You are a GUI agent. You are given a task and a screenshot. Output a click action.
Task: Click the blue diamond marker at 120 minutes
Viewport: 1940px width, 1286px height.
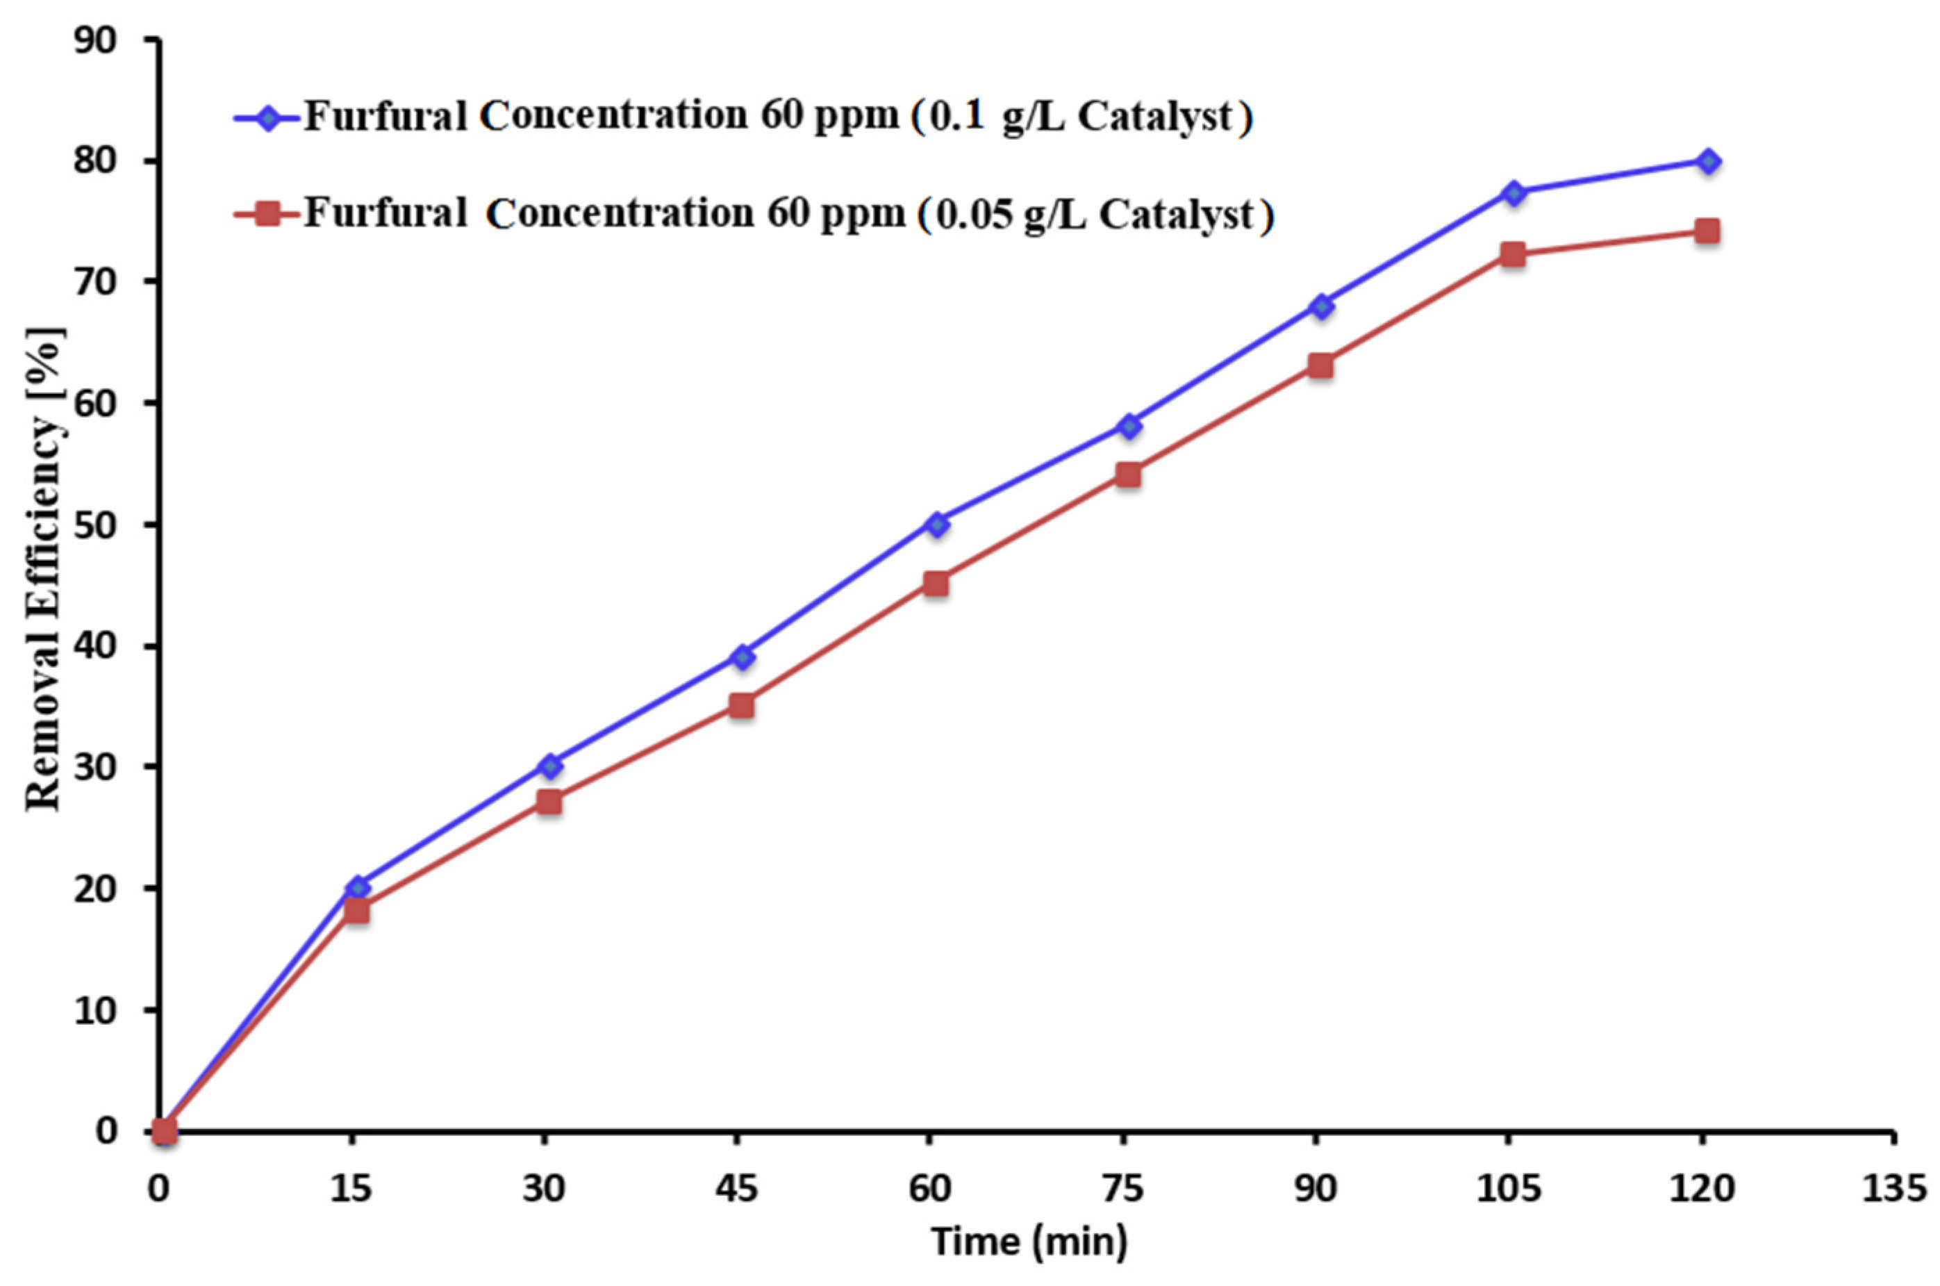click(1707, 162)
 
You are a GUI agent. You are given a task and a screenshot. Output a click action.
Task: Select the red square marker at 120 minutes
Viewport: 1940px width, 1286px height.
click(1707, 231)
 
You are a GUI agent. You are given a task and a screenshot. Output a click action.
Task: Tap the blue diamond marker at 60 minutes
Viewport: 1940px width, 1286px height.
click(938, 523)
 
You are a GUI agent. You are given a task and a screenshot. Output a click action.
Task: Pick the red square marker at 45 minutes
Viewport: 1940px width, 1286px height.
click(742, 705)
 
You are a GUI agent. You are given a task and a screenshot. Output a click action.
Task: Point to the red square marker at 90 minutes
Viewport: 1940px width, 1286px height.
click(1320, 365)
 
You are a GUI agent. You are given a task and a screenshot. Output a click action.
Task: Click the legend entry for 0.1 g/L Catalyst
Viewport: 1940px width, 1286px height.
click(777, 117)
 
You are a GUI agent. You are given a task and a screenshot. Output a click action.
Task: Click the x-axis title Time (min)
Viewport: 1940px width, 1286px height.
click(1028, 1241)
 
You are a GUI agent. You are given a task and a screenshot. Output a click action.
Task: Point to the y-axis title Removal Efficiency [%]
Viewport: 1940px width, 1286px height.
click(42, 569)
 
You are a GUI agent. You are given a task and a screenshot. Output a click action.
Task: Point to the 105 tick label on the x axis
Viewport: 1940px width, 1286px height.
click(1507, 1189)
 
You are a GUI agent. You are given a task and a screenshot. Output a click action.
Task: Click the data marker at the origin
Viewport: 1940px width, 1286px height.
click(164, 1132)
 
